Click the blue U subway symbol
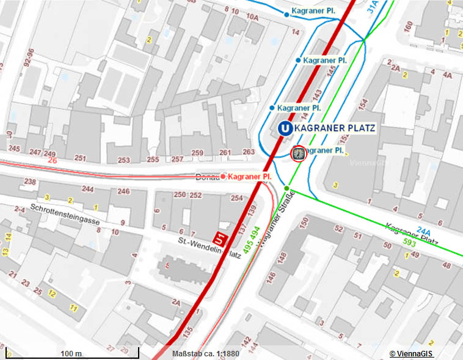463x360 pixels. [284, 128]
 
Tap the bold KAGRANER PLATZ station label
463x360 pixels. [335, 128]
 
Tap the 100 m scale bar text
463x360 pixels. [71, 354]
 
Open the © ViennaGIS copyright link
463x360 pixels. [412, 354]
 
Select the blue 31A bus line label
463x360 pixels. [373, 7]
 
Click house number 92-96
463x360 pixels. [28, 57]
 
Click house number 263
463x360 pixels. [248, 152]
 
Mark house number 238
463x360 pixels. [29, 182]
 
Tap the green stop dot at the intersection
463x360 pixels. [286, 188]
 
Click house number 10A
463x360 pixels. [253, 17]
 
